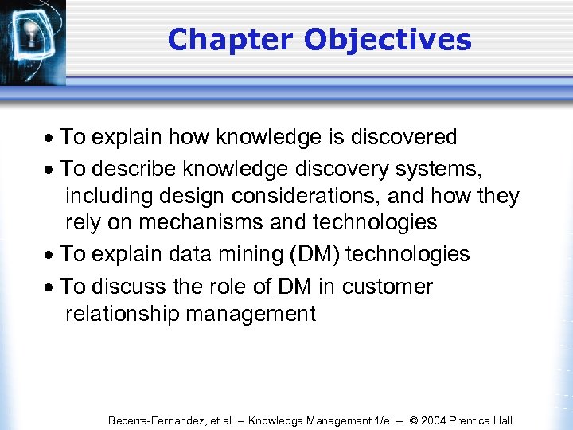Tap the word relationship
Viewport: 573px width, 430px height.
tap(123, 314)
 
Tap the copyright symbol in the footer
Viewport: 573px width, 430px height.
tap(413, 420)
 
